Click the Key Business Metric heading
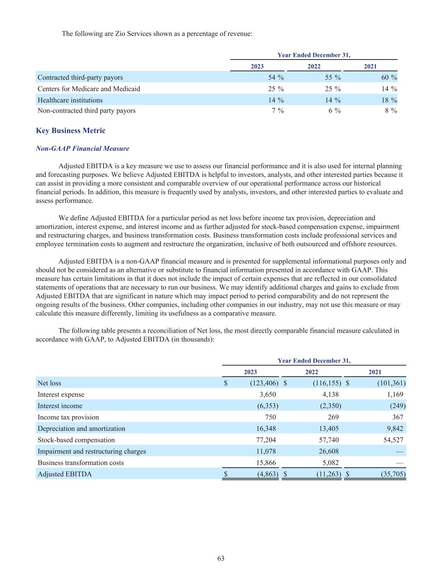tap(70, 131)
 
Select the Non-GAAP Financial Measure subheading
tap(83, 149)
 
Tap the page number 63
tap(221, 558)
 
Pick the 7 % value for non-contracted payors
tap(276, 111)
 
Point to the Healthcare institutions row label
tap(70, 100)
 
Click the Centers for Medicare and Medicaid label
tap(89, 89)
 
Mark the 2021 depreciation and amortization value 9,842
tap(394, 428)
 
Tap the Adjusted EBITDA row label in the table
tap(65, 474)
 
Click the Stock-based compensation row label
tap(76, 440)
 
